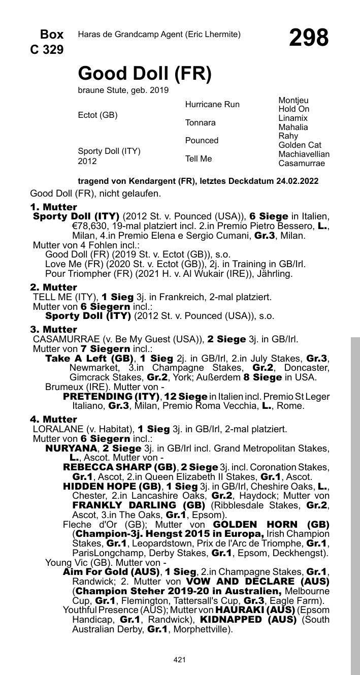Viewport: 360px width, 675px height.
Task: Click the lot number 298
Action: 309,38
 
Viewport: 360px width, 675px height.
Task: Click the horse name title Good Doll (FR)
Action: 145,74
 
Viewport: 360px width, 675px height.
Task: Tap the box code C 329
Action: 47,50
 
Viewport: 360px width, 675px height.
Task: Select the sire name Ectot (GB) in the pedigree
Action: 97,115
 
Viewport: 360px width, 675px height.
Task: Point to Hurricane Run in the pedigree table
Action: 212,105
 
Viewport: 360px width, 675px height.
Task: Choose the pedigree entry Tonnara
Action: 200,122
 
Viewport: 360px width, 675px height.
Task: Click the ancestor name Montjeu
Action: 293,101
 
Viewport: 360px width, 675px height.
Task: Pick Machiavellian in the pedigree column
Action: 304,154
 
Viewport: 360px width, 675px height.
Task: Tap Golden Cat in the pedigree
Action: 300,145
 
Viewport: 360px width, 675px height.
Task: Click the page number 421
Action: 179,660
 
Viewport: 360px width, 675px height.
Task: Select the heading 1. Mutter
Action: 53,207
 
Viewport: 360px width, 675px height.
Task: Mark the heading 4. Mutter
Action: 53,420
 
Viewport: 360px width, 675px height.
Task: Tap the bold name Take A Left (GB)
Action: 89,358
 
